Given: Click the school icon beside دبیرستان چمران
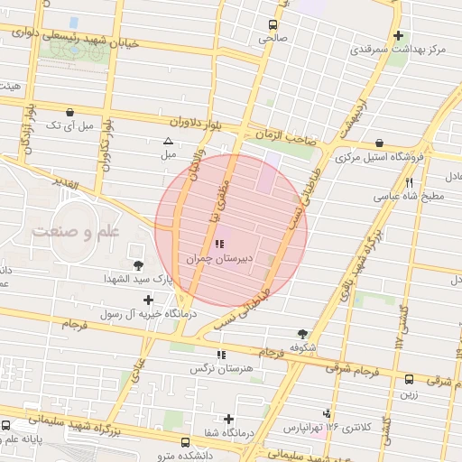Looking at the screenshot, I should (220, 244).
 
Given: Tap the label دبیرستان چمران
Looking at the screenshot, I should (217, 259).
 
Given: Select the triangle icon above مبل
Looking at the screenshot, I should (168, 142).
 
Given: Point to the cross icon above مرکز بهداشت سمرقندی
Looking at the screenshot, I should (399, 36).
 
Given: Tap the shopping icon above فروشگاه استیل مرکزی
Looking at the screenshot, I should (378, 143).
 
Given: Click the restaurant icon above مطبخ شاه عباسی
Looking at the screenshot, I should (410, 182).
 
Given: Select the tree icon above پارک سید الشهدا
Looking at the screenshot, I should (138, 265).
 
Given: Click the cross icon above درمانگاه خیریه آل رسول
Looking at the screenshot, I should (148, 299).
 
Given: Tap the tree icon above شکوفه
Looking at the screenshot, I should (301, 333).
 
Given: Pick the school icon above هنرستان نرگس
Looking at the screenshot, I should (222, 355).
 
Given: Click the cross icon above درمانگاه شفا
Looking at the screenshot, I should (229, 419).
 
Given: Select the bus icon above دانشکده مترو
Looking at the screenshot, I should (185, 443).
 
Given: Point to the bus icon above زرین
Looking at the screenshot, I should (409, 379).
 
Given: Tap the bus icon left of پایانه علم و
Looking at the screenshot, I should (7, 424).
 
